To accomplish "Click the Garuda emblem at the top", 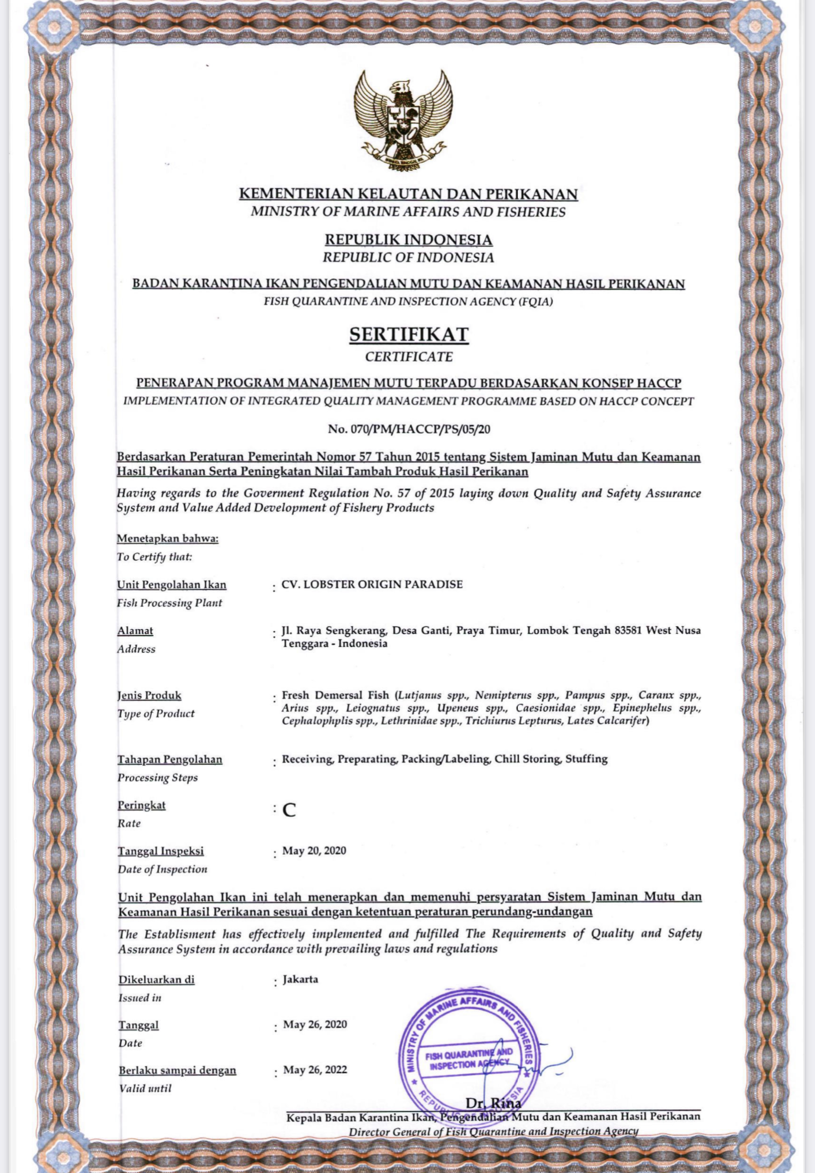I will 407,122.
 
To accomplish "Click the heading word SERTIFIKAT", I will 408,335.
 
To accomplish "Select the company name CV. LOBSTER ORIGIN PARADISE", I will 372,584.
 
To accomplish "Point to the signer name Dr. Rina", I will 493,1104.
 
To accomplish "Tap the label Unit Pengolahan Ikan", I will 172,585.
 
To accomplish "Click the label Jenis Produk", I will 150,695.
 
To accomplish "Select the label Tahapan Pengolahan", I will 170,759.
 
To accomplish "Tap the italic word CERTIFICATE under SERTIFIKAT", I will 408,356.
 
